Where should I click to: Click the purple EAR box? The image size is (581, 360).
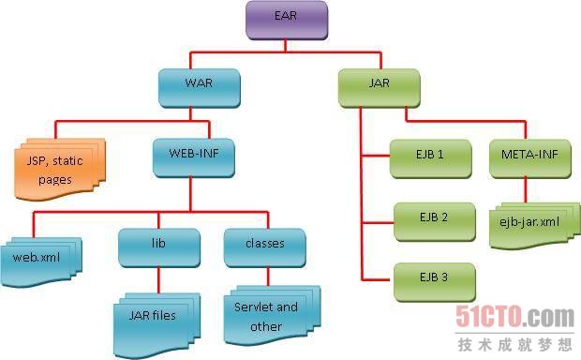click(287, 20)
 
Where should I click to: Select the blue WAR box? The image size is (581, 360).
click(200, 88)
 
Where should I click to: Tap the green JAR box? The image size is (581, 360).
click(380, 88)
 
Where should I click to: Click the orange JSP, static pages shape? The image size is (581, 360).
click(60, 170)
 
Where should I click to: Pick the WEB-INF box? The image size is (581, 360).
click(194, 157)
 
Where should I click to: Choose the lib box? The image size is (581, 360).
click(159, 247)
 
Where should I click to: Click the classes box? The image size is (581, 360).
click(265, 247)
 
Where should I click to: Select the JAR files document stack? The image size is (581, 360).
click(156, 325)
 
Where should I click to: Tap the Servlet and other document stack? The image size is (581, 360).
click(272, 315)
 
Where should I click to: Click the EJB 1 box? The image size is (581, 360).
click(430, 158)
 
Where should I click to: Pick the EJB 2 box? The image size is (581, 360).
click(434, 221)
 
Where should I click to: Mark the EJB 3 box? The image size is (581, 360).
click(434, 282)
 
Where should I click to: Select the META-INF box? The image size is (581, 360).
click(530, 158)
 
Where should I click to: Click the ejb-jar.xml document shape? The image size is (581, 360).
click(535, 225)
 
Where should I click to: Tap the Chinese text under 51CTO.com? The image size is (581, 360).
click(515, 345)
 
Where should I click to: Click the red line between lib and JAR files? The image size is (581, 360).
click(159, 280)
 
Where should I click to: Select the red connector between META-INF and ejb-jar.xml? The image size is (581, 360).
click(526, 190)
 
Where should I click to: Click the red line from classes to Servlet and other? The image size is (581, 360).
click(268, 277)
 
